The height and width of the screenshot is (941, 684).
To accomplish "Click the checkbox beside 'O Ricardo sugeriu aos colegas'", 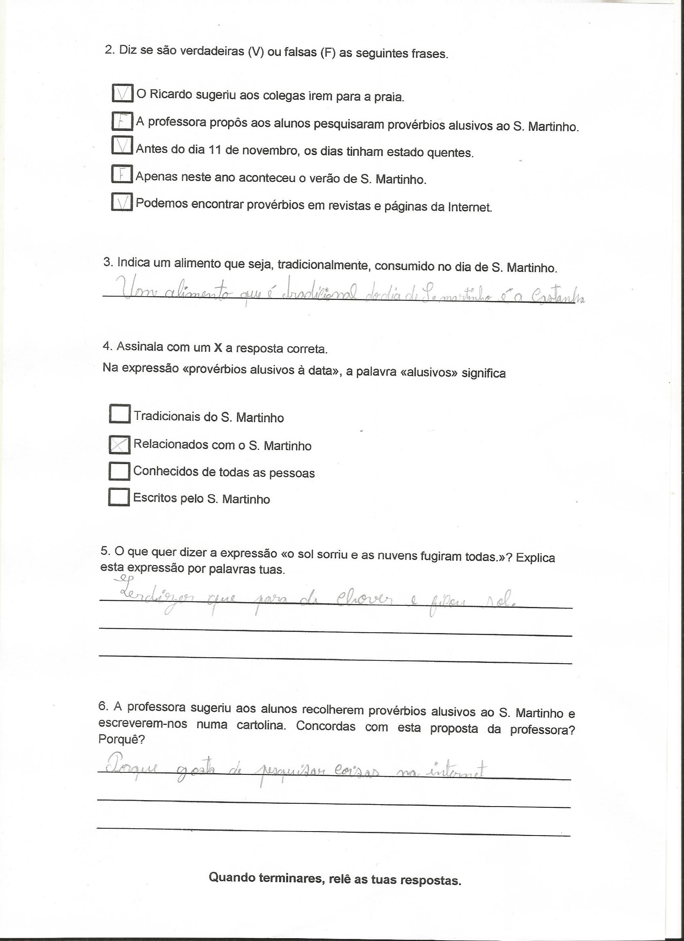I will [x=122, y=93].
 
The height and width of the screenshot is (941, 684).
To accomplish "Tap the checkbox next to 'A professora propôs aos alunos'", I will [x=122, y=121].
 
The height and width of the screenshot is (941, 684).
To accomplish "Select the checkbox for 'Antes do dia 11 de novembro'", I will [x=122, y=145].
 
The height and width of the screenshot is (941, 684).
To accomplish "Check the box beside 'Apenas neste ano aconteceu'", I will [x=121, y=174].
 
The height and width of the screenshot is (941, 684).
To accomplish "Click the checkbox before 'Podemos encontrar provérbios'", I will [x=122, y=202].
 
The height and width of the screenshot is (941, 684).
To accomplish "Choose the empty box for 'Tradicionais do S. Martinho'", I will [x=119, y=414].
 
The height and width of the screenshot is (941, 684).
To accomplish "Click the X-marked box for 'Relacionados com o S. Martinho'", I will [x=119, y=445].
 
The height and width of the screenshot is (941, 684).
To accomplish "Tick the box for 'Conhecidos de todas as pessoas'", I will [x=119, y=471].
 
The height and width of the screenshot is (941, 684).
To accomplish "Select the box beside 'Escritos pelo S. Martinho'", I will [x=118, y=497].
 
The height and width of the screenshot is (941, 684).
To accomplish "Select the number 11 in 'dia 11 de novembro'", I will [x=214, y=150].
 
